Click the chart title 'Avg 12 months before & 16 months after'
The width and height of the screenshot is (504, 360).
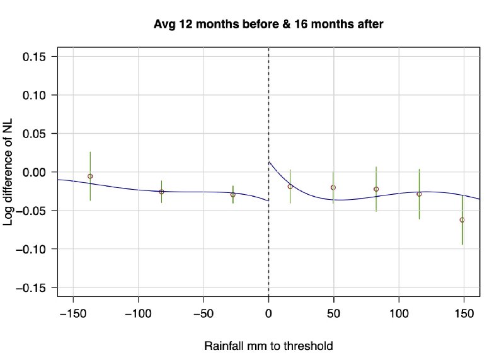[269, 25]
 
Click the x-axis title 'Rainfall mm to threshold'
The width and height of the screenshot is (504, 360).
[268, 346]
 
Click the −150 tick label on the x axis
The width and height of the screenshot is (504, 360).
[73, 313]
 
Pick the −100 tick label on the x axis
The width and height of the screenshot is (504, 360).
[138, 313]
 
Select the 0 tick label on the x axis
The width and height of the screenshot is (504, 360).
[269, 313]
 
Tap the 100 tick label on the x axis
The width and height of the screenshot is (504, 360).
[399, 313]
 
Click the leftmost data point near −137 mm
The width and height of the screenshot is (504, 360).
[90, 177]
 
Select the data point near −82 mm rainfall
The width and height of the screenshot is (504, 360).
[161, 192]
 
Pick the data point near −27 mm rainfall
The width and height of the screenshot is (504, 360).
[233, 195]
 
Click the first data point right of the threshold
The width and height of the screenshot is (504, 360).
[290, 187]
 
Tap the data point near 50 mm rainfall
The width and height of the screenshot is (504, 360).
[333, 187]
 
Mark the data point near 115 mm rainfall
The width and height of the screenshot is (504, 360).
[419, 194]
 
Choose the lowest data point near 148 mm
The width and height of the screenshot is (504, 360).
[462, 220]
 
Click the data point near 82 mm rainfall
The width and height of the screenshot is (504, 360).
[376, 189]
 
